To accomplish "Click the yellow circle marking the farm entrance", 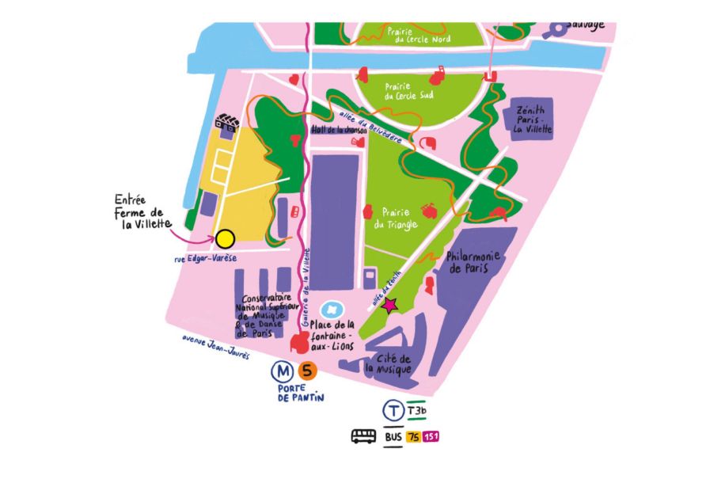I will pyautogui.click(x=225, y=238).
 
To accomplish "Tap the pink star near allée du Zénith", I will pyautogui.click(x=389, y=305).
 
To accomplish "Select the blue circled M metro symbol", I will pyautogui.click(x=281, y=370).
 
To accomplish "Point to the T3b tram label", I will pyautogui.click(x=416, y=411).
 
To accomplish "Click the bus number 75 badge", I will pyautogui.click(x=413, y=437).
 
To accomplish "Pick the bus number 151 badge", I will pyautogui.click(x=431, y=437).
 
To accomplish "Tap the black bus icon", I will pyautogui.click(x=364, y=436).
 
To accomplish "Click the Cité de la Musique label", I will pyautogui.click(x=388, y=362).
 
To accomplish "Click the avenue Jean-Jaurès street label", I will pyautogui.click(x=214, y=347).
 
